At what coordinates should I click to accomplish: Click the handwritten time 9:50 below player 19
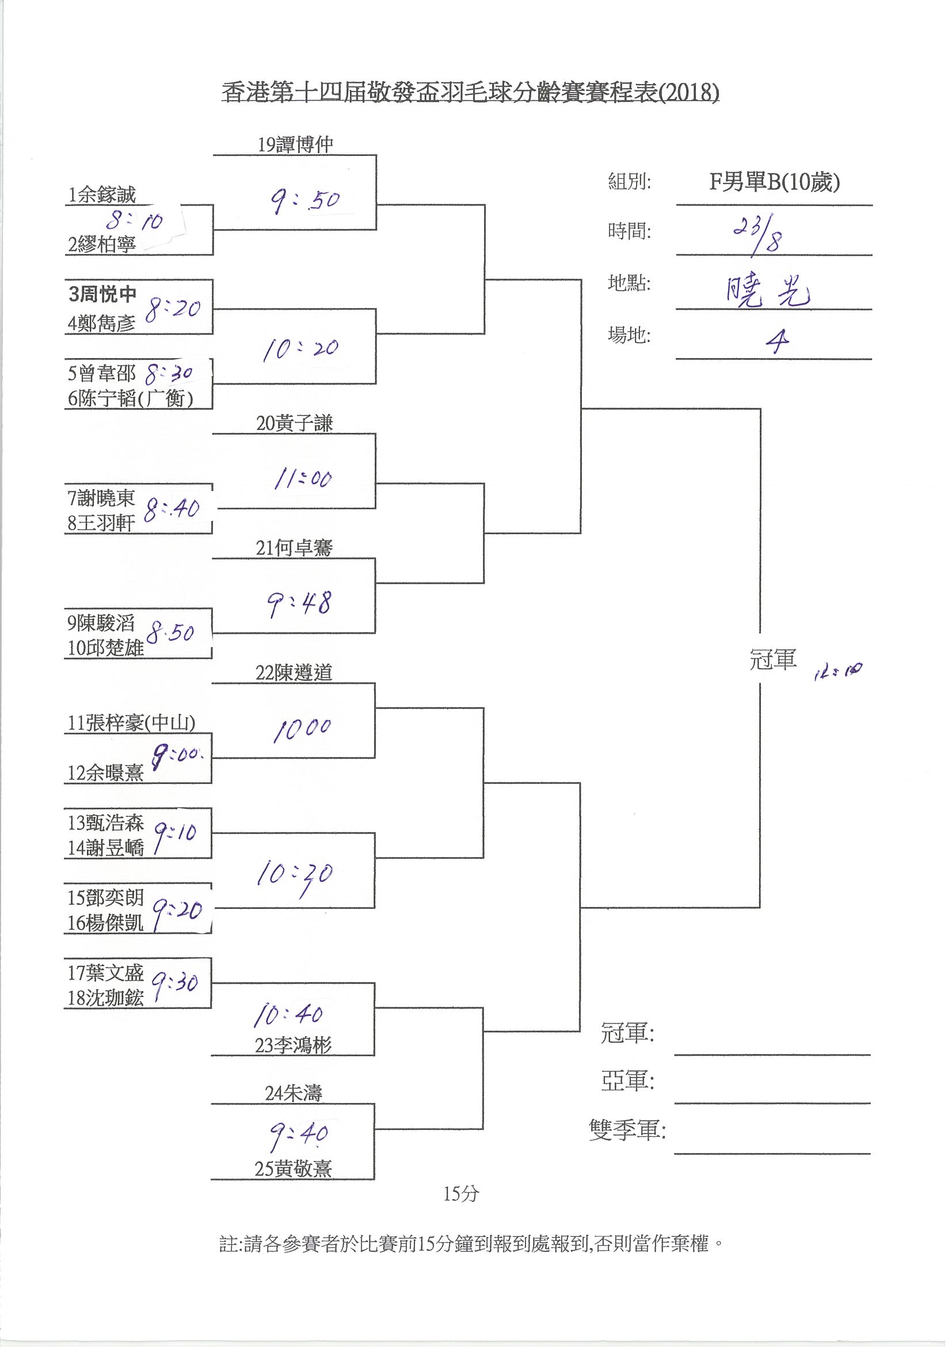click(304, 201)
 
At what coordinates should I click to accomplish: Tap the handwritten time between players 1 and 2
click(134, 221)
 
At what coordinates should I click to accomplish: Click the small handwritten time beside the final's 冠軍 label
click(837, 671)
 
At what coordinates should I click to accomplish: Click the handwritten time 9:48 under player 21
click(300, 604)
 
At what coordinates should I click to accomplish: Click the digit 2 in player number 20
click(260, 423)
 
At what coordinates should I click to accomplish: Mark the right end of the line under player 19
click(376, 155)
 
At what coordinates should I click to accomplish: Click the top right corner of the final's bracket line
click(760, 408)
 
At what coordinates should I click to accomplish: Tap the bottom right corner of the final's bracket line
click(760, 908)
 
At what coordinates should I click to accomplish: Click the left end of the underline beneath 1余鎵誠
click(66, 205)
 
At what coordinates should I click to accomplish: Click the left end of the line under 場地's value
click(676, 359)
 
